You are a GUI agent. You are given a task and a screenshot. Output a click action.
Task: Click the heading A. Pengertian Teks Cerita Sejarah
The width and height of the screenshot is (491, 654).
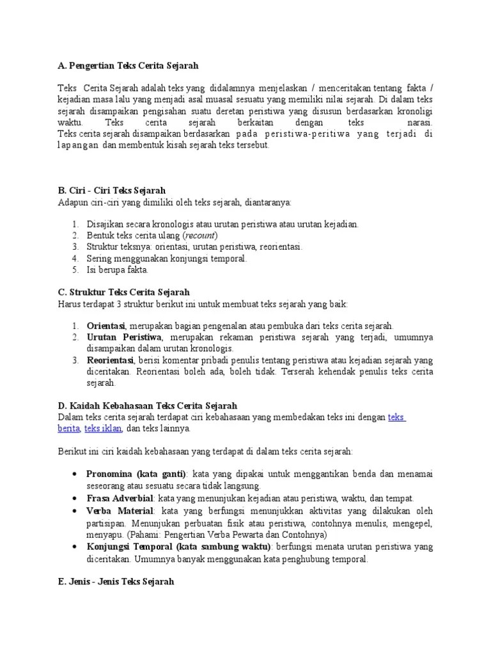(128, 66)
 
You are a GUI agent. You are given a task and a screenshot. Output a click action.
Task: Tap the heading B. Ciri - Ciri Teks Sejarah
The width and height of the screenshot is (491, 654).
(112, 190)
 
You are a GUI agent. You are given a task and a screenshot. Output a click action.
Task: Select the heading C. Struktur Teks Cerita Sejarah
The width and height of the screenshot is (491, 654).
(123, 292)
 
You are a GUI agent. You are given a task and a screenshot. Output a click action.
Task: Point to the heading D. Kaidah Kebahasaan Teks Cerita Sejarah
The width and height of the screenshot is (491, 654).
(147, 406)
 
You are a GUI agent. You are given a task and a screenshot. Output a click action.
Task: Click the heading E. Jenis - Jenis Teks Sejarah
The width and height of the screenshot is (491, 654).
(115, 582)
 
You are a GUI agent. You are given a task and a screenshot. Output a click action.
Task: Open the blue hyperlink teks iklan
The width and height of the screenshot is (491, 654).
(103, 429)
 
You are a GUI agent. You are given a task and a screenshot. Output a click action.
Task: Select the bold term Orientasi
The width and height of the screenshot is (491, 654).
(106, 326)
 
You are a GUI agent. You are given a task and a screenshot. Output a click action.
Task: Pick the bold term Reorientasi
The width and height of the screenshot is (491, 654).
(109, 360)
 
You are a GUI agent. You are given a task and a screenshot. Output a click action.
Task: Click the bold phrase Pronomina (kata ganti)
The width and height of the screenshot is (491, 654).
(136, 475)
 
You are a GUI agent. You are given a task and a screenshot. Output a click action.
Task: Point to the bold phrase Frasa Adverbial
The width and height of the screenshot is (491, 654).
(120, 498)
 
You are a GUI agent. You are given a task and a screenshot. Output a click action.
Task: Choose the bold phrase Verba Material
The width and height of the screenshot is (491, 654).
(120, 510)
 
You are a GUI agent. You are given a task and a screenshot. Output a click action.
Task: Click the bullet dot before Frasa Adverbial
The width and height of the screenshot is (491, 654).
(75, 498)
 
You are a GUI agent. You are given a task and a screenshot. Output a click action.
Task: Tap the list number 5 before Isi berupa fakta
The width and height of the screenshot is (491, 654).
(75, 270)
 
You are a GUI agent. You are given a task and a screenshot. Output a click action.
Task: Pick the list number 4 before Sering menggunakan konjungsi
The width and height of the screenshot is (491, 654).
(75, 259)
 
